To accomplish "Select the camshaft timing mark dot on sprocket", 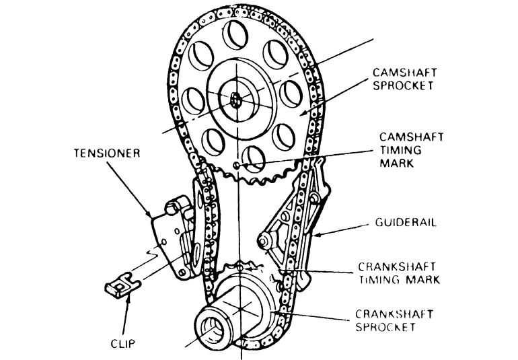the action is point(235,165).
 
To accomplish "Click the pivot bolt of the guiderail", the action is point(264,239).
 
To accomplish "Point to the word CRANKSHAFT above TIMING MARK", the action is point(396,265).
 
